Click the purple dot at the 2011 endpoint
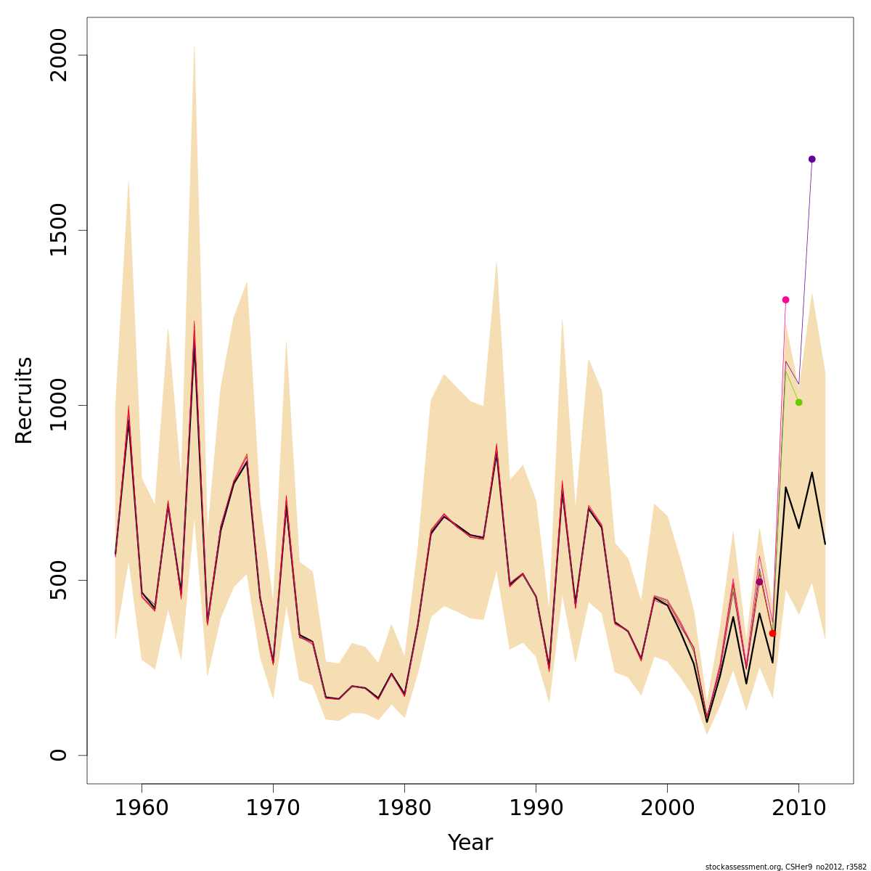coord(811,159)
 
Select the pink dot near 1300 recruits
coord(785,300)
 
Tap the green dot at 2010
coord(798,402)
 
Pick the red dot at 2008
coord(772,634)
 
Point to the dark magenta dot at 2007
coord(759,582)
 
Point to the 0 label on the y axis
coord(58,755)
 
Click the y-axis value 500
coord(58,580)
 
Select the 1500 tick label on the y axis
coord(58,230)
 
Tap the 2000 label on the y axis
coord(58,55)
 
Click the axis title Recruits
coord(24,400)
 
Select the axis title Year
coord(470,843)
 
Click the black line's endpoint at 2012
coord(825,544)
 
